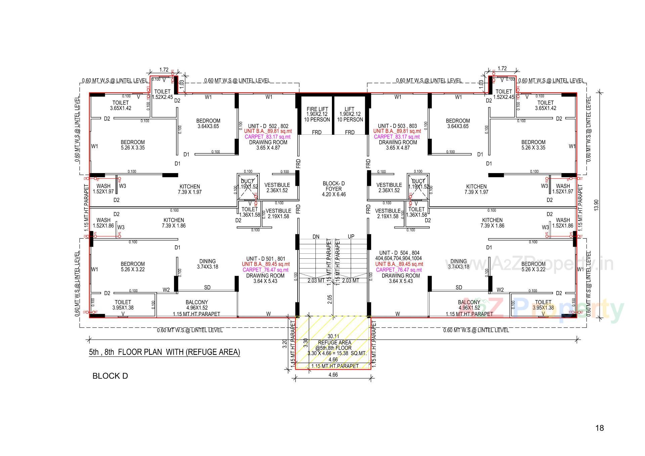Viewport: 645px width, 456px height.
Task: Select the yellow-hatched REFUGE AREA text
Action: click(x=334, y=343)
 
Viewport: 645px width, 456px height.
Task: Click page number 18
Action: click(x=600, y=428)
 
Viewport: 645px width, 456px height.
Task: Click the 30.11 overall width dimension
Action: click(x=333, y=336)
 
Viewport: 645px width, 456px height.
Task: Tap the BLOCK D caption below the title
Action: click(x=110, y=376)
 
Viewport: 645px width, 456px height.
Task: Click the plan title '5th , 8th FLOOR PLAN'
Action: click(x=164, y=352)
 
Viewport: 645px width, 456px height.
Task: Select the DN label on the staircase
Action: click(x=316, y=237)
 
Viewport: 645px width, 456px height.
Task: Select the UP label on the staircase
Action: click(x=351, y=237)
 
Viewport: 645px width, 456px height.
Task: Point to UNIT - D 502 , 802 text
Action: click(x=268, y=126)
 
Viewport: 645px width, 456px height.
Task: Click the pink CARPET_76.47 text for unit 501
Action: click(x=265, y=270)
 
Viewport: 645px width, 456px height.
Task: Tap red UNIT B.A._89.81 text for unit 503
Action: click(x=397, y=131)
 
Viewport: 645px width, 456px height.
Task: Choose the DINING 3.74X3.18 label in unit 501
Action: click(x=207, y=264)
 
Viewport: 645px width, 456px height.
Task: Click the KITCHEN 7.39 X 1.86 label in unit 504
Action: click(x=492, y=223)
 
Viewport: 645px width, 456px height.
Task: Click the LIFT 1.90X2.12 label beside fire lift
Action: click(x=350, y=114)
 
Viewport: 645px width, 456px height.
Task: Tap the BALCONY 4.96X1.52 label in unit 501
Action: click(x=197, y=305)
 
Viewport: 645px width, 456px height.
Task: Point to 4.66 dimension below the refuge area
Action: click(x=333, y=375)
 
